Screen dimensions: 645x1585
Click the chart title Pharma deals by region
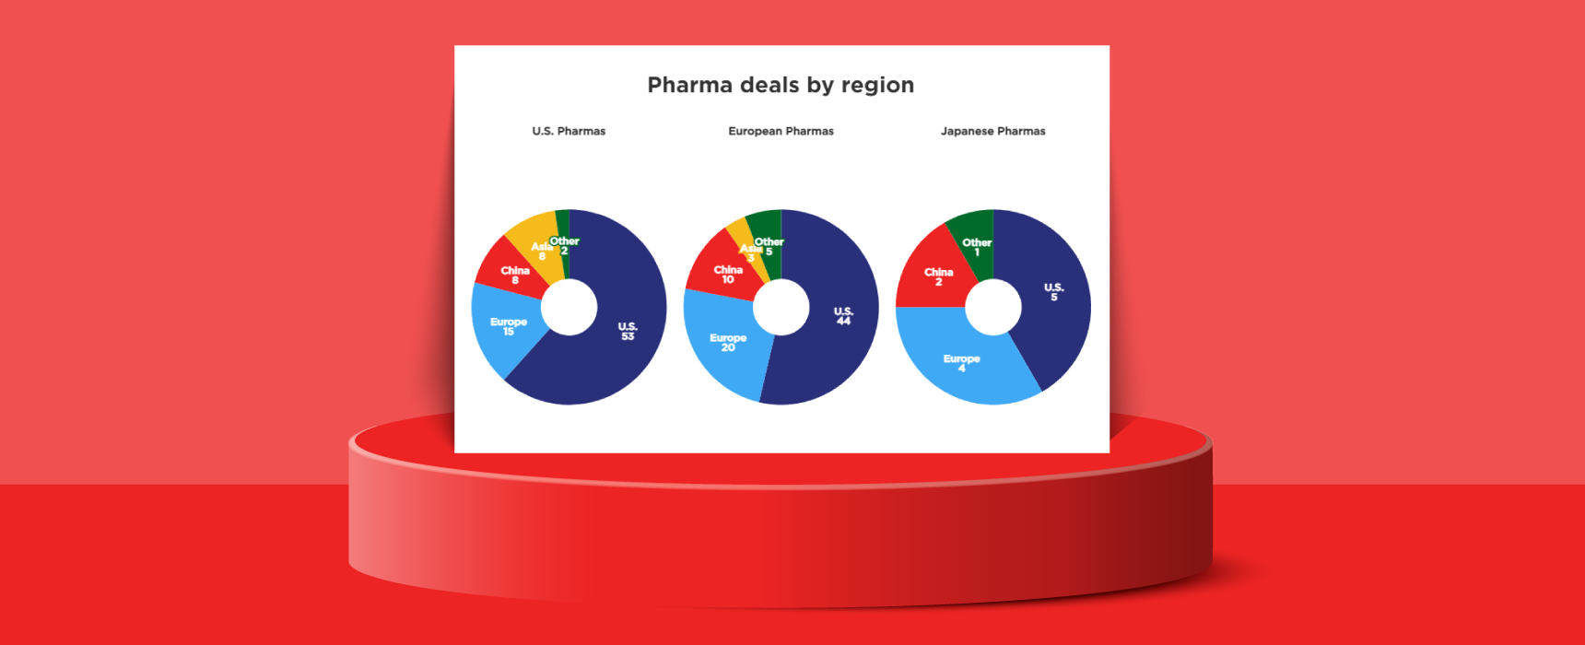click(x=781, y=85)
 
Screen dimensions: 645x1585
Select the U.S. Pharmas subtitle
click(x=569, y=131)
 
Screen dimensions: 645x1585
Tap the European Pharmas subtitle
click(x=781, y=131)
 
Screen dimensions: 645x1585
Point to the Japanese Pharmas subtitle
click(x=992, y=131)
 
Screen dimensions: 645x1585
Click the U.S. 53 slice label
click(x=628, y=332)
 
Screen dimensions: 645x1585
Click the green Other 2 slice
click(x=563, y=226)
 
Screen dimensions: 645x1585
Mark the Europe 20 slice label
click(x=728, y=343)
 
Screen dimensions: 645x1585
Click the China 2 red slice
click(x=936, y=276)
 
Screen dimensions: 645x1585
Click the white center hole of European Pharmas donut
click(x=781, y=307)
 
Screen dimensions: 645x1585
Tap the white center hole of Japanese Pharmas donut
click(x=992, y=307)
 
